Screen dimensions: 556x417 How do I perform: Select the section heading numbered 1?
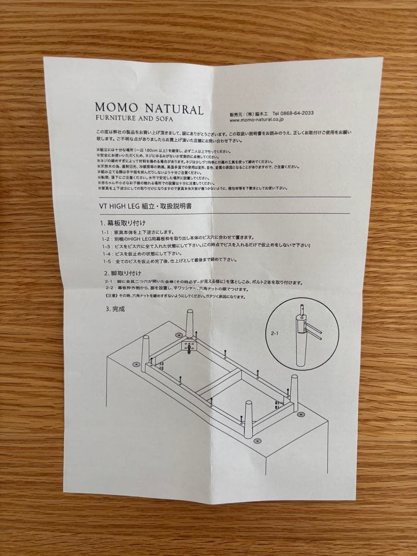124,223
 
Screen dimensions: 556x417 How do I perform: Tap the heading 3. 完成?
115,309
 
